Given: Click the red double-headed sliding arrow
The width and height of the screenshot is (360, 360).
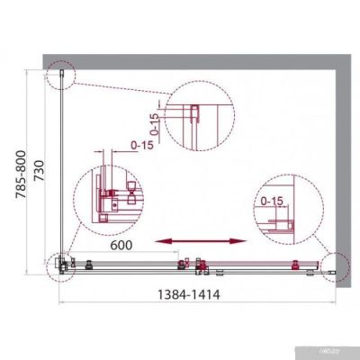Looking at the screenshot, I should (x=201, y=241).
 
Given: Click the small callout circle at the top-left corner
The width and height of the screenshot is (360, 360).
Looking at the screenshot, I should (x=61, y=76).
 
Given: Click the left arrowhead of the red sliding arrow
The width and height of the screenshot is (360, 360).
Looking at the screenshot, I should (x=159, y=241).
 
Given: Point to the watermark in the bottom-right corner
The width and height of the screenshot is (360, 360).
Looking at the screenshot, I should (x=335, y=350).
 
